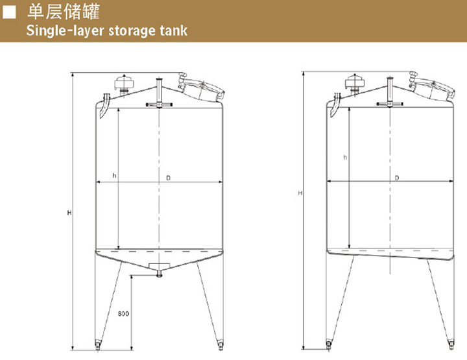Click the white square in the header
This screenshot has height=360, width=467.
[9, 12]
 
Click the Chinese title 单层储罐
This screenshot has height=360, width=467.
[64, 12]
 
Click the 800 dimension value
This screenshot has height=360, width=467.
[123, 313]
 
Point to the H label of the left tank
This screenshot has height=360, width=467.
[69, 213]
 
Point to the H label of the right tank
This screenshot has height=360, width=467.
[300, 193]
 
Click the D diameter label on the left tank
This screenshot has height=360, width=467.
[168, 178]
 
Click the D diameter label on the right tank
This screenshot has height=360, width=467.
[397, 178]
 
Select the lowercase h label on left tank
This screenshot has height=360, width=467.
[114, 176]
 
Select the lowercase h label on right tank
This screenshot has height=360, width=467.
[345, 157]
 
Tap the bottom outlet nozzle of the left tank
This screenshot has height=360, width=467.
[160, 274]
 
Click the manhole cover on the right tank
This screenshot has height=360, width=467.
[432, 86]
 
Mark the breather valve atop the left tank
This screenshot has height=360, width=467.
[124, 84]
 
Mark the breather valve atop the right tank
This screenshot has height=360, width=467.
[354, 83]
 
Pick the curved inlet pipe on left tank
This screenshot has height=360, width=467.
[104, 106]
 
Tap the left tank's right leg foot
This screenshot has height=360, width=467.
[220, 345]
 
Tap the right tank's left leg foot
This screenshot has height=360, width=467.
[328, 344]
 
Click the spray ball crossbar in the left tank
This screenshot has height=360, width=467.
[159, 104]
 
